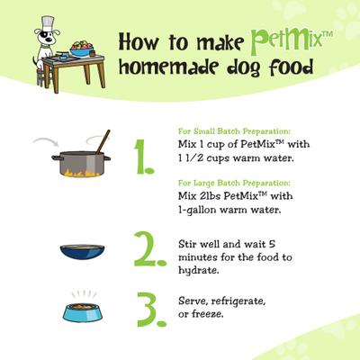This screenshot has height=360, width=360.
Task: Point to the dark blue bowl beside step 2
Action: point(83,253)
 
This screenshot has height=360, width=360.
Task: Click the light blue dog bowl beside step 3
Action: point(84,311)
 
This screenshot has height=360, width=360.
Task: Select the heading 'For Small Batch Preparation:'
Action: point(226,128)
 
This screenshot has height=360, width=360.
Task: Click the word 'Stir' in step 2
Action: point(191,242)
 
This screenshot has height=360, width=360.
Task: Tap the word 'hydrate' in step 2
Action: point(199,269)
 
